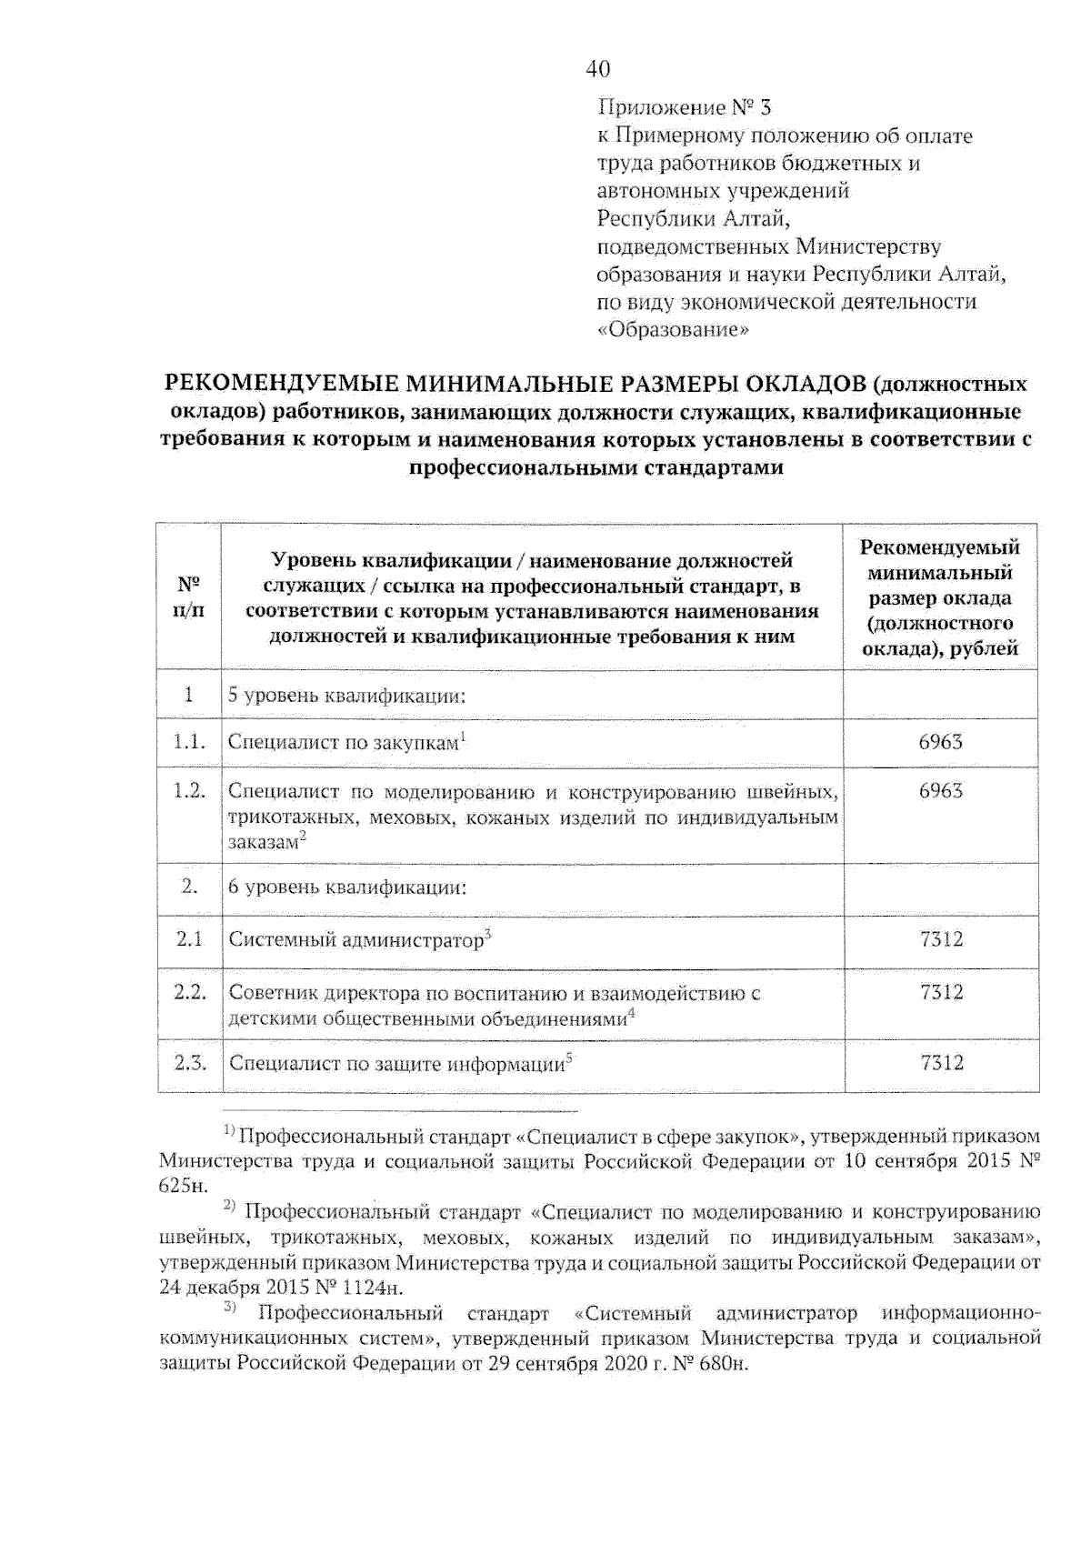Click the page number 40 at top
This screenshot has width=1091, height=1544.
(598, 69)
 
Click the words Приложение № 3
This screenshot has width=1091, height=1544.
(684, 108)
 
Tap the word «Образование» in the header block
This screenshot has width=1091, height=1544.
(673, 329)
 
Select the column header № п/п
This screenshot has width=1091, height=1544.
(188, 597)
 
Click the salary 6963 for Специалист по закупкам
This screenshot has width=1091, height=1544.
(940, 742)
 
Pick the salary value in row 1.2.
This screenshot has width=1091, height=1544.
(940, 791)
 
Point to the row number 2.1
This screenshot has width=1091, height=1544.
(189, 938)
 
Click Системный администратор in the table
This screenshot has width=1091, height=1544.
(355, 940)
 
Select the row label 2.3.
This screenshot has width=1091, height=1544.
(190, 1062)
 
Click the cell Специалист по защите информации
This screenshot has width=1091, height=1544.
(397, 1064)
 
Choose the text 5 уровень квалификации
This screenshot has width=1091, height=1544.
(346, 697)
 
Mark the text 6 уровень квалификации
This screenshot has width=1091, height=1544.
(346, 887)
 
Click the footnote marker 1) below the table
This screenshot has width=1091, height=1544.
(229, 1133)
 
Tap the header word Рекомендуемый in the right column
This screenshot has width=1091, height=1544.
(940, 547)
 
